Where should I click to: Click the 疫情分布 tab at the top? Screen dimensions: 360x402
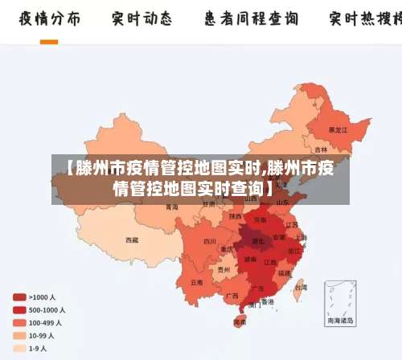point(49,18)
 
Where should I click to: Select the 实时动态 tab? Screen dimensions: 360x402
point(142,18)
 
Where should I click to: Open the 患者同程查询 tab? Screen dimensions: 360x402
point(251,18)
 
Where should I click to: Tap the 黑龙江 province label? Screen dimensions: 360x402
point(338,129)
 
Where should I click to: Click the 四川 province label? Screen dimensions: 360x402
point(210,240)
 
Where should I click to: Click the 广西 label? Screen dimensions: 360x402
point(232,296)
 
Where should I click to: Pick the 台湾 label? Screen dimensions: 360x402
point(300,286)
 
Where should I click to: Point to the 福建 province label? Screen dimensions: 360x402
point(285,272)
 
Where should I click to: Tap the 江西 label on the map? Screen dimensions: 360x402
point(270,262)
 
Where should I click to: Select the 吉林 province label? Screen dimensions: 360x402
point(322,149)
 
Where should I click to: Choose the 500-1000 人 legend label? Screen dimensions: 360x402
point(47,310)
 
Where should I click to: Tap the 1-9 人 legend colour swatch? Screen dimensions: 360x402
point(18,349)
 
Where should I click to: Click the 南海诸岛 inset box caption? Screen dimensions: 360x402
point(339,321)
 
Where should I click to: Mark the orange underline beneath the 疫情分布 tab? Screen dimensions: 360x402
point(49,41)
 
